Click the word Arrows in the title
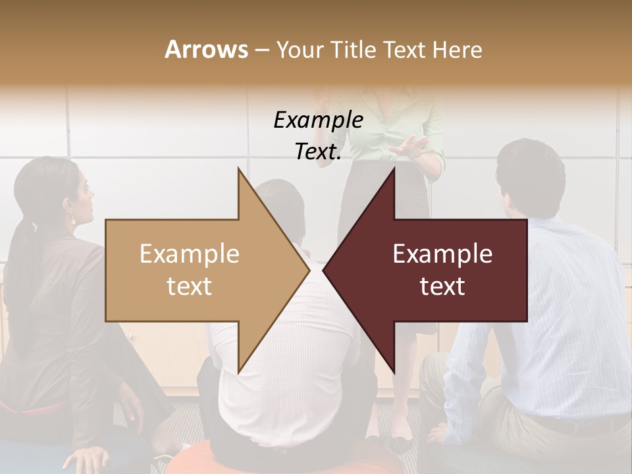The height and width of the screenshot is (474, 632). click(x=206, y=49)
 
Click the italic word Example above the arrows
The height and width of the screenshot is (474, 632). click(x=318, y=120)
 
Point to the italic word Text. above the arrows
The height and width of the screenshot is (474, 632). click(x=318, y=152)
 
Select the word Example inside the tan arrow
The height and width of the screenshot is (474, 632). click(x=190, y=253)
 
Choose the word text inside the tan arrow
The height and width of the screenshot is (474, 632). click(x=190, y=286)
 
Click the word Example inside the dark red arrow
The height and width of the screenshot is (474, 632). click(x=442, y=253)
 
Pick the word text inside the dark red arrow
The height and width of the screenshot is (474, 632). click(x=442, y=286)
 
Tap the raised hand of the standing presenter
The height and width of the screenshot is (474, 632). click(x=411, y=145)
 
